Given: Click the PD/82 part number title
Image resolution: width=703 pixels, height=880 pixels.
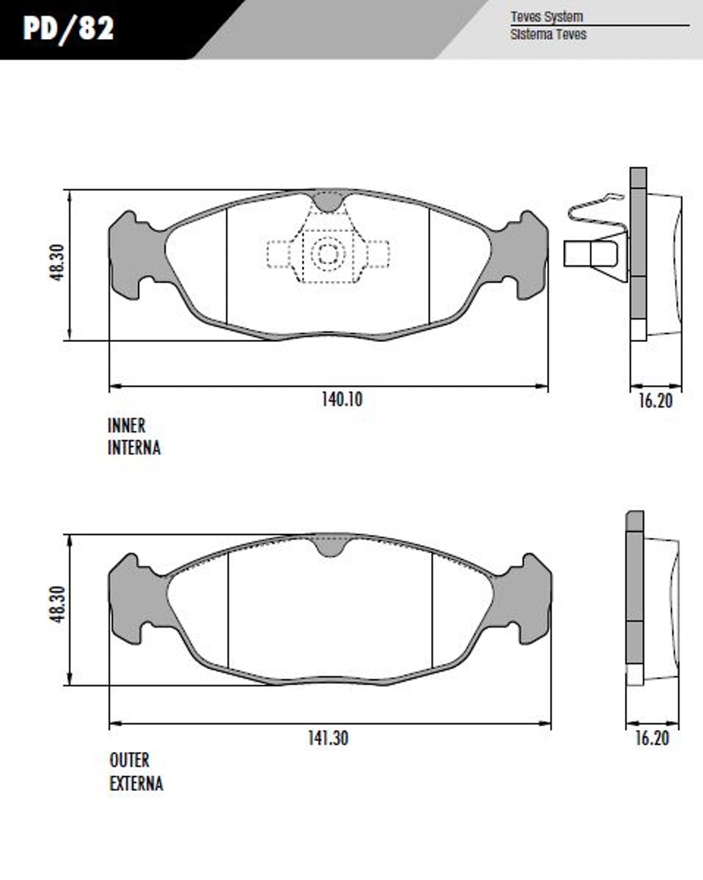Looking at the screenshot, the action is coord(69,28).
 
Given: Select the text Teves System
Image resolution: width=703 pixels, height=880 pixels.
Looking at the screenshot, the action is coord(546,16).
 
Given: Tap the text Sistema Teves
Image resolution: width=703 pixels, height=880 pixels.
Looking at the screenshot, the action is coord(548,34).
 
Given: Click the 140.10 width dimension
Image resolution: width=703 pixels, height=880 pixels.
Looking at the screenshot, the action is coord(342,400).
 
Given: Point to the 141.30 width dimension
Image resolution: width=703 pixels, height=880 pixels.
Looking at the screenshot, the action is coord(328,738).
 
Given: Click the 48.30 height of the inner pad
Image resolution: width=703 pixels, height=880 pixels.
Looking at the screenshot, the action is coord(58,262).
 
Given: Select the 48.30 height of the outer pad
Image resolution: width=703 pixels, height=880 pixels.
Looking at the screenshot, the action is coord(58,604).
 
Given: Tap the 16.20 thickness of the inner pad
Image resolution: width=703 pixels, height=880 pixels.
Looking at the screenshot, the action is coord(655,401).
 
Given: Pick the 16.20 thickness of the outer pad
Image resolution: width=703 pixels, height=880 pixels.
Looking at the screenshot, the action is coord(652,738).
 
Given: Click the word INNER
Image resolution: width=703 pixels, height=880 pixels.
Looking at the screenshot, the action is coord(127,426).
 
